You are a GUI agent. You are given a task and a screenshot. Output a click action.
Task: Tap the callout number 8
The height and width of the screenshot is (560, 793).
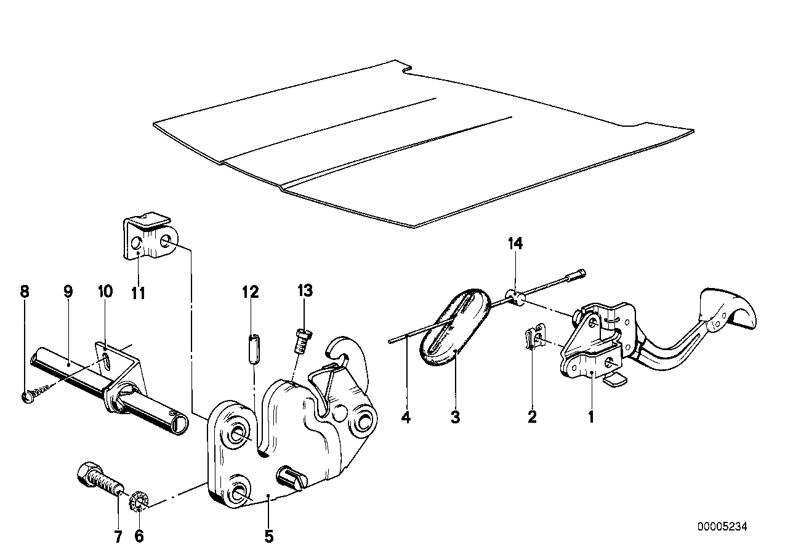pos(25,291)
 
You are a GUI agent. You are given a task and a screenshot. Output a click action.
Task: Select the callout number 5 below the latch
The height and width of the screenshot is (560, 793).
pos(268,537)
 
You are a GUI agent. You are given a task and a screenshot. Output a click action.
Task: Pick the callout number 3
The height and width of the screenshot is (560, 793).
pos(454,418)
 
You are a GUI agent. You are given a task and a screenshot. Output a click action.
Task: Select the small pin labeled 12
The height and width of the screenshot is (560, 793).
pos(252,348)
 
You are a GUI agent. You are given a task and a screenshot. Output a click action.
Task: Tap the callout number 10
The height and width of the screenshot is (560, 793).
pos(105,291)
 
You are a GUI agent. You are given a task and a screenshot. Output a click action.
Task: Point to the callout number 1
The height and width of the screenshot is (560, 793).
pos(590,418)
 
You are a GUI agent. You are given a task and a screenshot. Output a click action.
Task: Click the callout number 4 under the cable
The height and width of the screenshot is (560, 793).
pos(405,418)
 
